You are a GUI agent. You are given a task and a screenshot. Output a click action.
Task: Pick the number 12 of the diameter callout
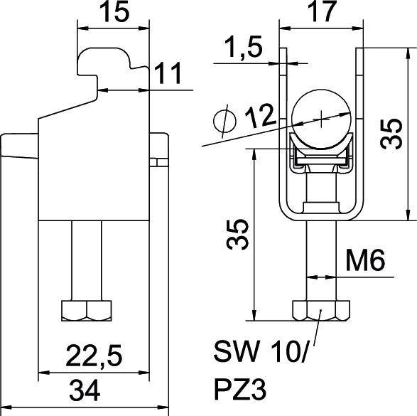[x=258, y=115]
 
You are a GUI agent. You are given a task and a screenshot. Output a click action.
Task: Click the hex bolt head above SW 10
[x=319, y=311]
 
